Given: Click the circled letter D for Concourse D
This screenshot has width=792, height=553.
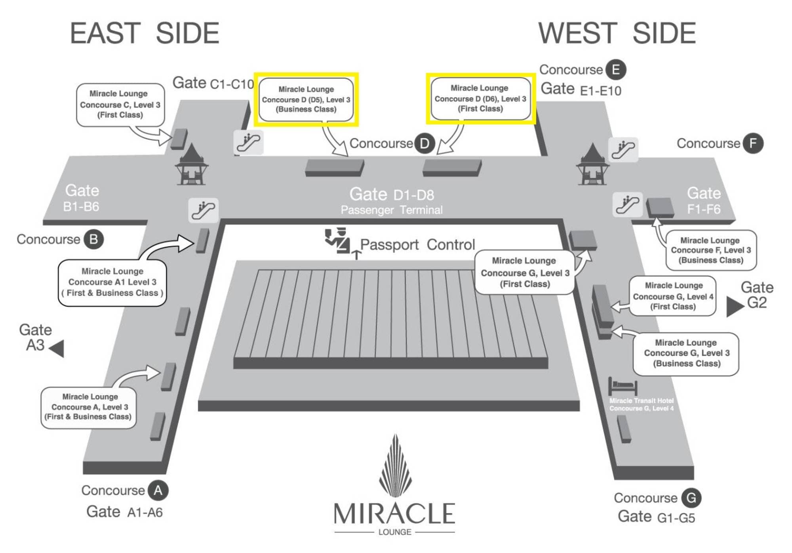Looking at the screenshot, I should point(424,143).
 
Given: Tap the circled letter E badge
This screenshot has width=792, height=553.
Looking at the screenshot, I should point(616,70).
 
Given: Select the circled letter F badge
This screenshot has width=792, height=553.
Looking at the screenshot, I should point(753,143).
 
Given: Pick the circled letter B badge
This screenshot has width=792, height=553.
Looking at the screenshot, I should point(93,239).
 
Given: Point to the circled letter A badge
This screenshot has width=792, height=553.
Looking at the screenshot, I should point(158,490).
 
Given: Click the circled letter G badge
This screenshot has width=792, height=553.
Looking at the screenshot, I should point(691,498).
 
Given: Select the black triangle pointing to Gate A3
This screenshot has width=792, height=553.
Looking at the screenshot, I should point(57,349).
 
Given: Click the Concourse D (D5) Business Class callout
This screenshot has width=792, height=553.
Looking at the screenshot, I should point(306,99).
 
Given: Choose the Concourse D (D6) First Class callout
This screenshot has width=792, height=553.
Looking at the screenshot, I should point(480,99).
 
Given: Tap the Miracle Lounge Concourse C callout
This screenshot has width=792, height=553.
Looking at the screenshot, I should point(120,105).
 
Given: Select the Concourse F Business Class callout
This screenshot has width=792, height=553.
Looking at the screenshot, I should point(711,250).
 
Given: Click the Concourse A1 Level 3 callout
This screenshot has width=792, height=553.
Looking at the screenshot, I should point(112,282).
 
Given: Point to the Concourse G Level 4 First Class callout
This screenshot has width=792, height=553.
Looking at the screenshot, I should point(673,296).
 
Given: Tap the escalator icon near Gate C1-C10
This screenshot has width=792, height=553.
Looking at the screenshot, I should point(248,142).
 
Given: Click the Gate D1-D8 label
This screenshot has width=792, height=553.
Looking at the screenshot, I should point(391,195).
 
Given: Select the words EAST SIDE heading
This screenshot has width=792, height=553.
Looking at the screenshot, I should point(145,33).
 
